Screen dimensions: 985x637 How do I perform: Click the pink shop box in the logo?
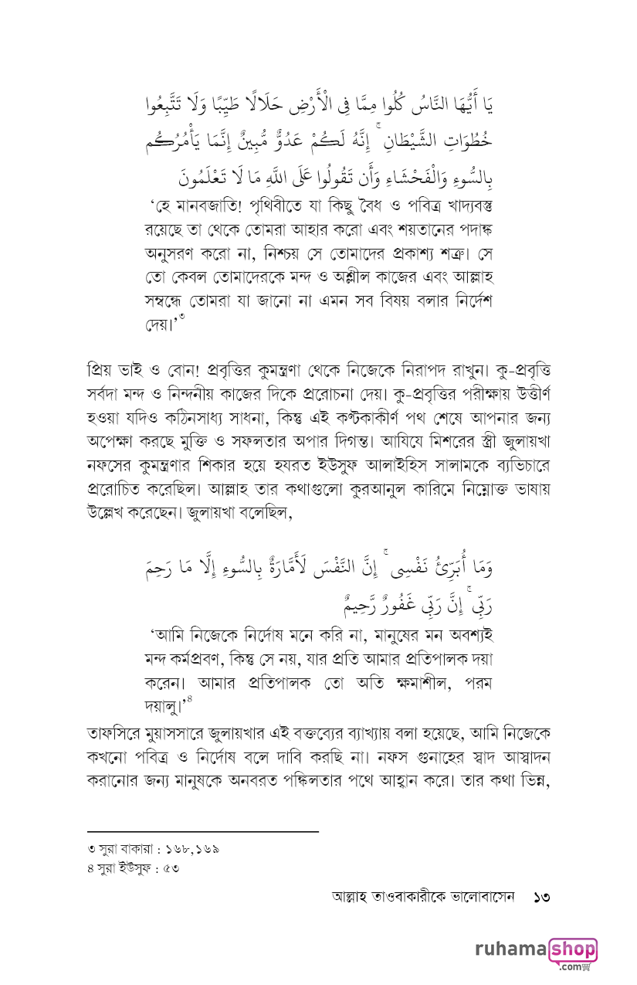tap(572, 948)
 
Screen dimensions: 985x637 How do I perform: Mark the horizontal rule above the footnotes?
tap(202, 832)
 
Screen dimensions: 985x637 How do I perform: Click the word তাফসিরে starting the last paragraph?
tap(119, 731)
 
